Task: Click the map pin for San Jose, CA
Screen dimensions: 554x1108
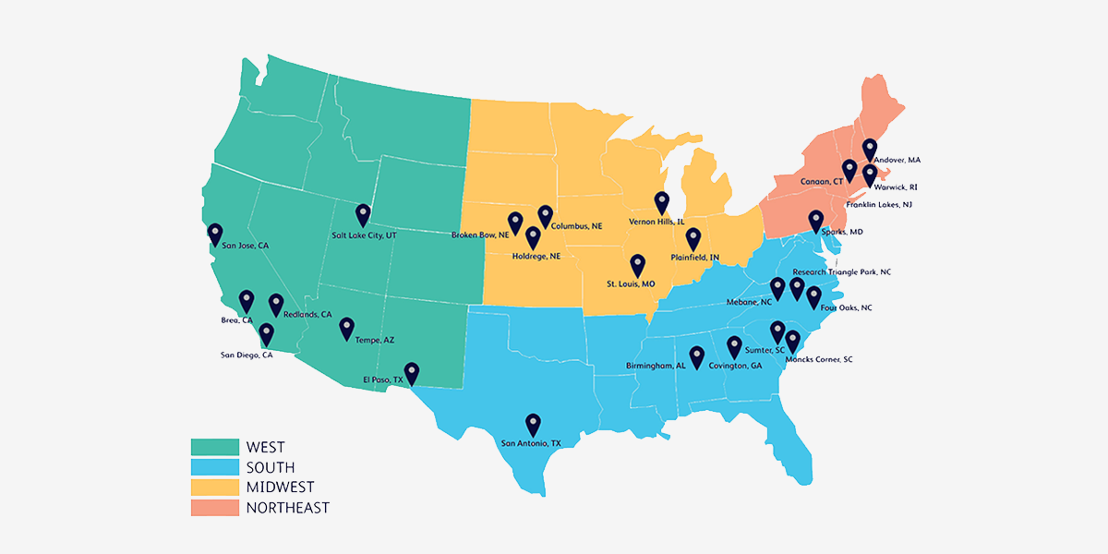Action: pos(214,234)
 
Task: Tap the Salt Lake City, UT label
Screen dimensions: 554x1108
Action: pos(364,235)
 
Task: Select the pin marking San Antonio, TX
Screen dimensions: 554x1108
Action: pos(533,423)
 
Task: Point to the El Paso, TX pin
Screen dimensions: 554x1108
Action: pos(412,371)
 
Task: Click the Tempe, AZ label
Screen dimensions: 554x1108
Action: pos(374,341)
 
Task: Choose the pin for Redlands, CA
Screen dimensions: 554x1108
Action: pos(276,303)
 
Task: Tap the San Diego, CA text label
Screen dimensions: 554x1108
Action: pos(247,355)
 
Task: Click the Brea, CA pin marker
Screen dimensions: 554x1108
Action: pos(247,300)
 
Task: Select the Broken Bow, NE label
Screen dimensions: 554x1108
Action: pos(480,235)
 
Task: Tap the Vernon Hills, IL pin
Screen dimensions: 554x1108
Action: pos(661,201)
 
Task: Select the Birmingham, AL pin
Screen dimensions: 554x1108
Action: pos(697,355)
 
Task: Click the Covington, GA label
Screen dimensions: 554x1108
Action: pos(735,366)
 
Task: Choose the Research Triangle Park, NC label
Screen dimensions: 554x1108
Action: pos(841,272)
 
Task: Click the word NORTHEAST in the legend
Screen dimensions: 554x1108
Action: pos(287,508)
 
